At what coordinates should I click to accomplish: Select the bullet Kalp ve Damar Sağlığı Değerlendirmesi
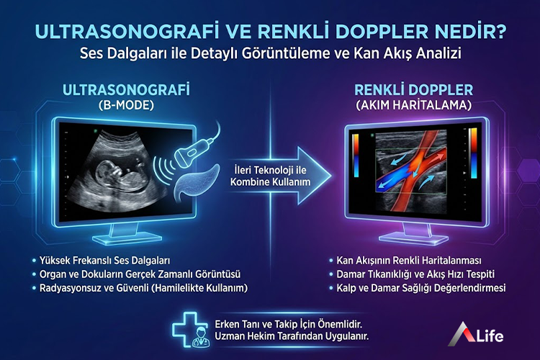(x=421, y=288)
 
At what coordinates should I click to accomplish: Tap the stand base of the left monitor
(x=125, y=238)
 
